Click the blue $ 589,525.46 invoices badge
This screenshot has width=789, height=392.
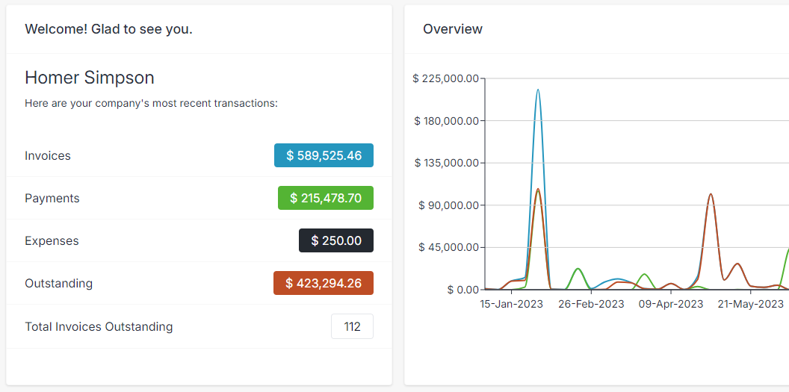click(324, 155)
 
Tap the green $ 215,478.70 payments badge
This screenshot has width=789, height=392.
click(325, 198)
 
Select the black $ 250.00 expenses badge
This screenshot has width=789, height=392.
click(335, 240)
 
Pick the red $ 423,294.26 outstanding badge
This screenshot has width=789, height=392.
click(323, 283)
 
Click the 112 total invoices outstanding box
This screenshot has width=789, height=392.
click(352, 326)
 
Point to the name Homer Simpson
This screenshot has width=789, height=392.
click(90, 78)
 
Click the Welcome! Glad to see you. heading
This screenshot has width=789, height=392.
click(108, 29)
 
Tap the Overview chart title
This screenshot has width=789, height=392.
click(453, 29)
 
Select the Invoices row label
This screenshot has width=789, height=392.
click(48, 155)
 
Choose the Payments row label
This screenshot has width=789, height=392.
click(52, 198)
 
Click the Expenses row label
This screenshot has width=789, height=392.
click(52, 240)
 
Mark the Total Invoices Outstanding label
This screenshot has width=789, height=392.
click(99, 326)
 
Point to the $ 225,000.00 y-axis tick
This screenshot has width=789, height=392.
click(445, 78)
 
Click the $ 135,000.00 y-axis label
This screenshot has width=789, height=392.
click(445, 163)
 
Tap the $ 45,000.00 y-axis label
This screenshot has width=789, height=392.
click(448, 247)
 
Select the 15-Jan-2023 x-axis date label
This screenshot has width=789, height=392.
click(511, 304)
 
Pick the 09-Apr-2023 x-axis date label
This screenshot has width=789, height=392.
click(671, 304)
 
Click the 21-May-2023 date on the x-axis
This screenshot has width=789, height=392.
click(750, 304)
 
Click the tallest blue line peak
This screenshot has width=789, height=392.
click(538, 90)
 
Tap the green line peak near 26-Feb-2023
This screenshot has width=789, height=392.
click(578, 269)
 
